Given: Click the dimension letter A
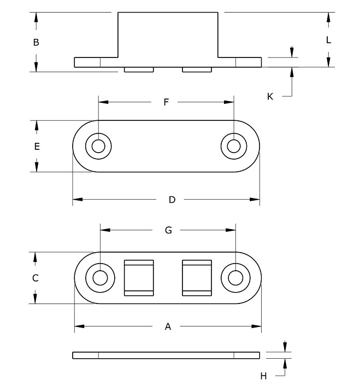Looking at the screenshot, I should click(168, 326).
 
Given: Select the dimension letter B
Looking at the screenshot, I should click(36, 42).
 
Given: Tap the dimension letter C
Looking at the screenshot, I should click(36, 278).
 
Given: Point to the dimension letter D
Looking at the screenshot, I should click(172, 200).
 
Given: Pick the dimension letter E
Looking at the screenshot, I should click(37, 147).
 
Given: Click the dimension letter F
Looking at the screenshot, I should click(167, 102).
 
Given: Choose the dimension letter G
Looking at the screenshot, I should click(168, 230).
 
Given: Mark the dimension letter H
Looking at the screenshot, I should click(263, 376).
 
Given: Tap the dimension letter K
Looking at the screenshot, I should click(270, 96).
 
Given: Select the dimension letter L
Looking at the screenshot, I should click(328, 40).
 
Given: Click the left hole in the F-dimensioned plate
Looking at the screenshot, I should click(99, 147).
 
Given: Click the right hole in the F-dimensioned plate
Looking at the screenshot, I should click(234, 147).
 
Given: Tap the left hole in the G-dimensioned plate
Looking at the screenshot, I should click(100, 278).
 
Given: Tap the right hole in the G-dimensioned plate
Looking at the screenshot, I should click(235, 278).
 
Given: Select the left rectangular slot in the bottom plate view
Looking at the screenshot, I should click(140, 278).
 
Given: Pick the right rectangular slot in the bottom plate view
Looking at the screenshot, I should click(196, 278).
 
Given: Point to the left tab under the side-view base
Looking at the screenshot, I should click(139, 70).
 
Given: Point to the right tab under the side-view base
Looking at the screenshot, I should click(196, 70).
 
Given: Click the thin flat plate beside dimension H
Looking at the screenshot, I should click(166, 355).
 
